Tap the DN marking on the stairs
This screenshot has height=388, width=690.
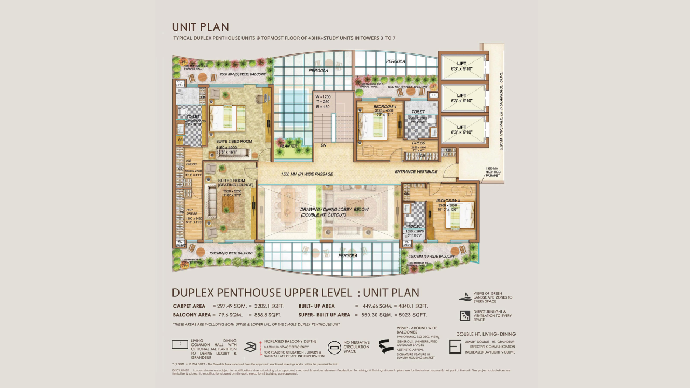point(323,145)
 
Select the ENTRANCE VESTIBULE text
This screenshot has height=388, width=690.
point(416,172)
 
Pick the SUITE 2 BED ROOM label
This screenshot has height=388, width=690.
point(230,142)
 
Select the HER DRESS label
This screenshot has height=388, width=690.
point(189,212)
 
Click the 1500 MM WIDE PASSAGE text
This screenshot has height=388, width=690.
point(307,174)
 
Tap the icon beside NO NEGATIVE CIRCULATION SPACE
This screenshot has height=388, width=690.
point(334,348)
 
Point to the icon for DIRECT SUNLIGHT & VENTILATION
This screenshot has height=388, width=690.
point(465,316)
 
